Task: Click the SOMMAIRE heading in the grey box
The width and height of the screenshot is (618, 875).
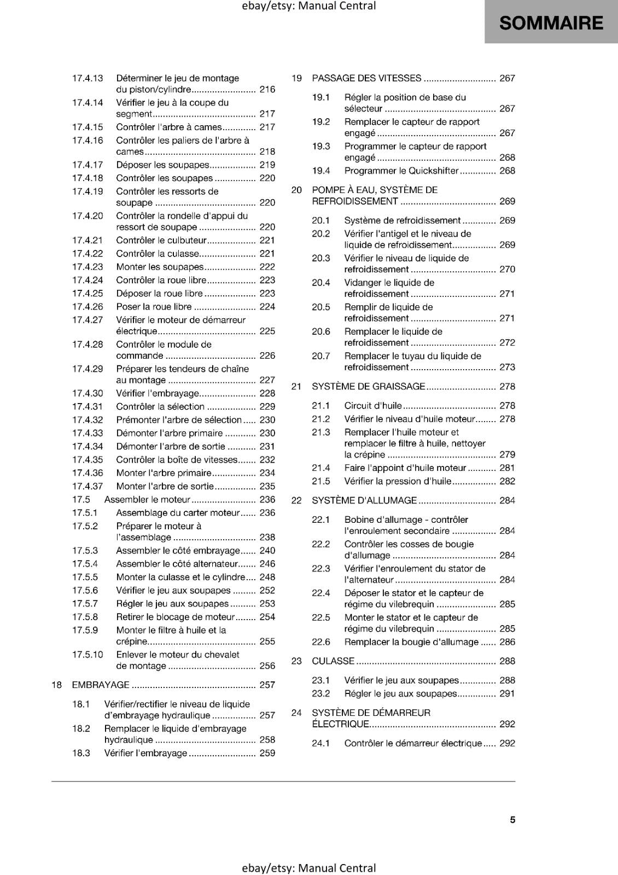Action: click(551, 23)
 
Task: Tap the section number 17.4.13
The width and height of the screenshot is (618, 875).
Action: click(88, 78)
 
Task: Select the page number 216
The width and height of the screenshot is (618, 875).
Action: click(267, 90)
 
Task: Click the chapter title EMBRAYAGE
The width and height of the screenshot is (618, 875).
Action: click(101, 685)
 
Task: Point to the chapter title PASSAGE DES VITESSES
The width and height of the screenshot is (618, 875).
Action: click(366, 78)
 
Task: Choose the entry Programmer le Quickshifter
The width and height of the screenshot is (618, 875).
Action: click(401, 171)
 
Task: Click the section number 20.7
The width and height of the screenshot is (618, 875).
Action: click(321, 356)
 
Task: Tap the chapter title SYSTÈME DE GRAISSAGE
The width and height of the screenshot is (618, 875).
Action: click(368, 387)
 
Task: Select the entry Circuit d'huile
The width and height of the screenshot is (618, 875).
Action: click(373, 406)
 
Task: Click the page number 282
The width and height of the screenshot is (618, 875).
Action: click(507, 481)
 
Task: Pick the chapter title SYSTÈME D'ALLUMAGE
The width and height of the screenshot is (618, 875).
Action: click(364, 500)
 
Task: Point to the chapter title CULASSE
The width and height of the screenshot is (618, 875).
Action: click(333, 661)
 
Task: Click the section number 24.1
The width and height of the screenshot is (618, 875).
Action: click(321, 743)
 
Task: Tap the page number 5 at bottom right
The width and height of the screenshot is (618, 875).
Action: click(512, 820)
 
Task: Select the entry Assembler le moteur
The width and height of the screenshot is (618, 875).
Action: click(147, 499)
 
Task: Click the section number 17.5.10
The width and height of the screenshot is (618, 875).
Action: click(88, 655)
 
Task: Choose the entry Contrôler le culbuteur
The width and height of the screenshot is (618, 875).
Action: click(161, 240)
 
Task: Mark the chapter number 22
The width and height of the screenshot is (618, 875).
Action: click(296, 500)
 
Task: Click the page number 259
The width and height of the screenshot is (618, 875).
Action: click(267, 753)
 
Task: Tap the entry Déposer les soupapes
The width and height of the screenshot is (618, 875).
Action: click(162, 165)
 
